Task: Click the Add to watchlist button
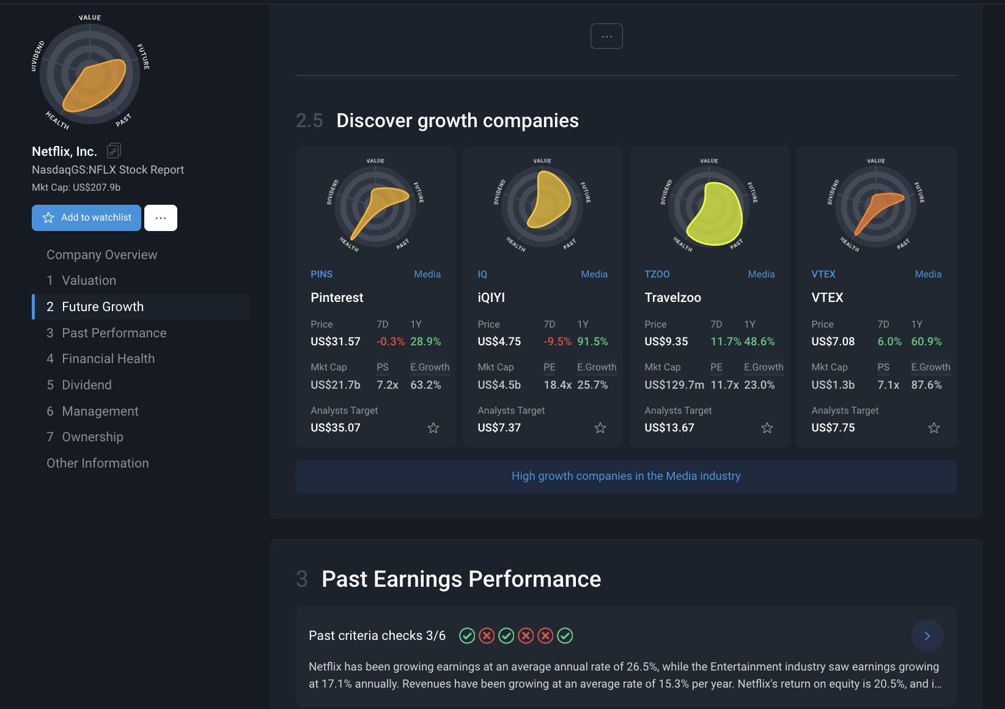(86, 218)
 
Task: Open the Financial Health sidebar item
(108, 359)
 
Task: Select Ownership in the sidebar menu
(92, 437)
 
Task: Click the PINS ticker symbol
(322, 274)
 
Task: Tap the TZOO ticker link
(657, 274)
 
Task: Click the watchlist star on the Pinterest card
(433, 428)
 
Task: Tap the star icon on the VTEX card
(933, 428)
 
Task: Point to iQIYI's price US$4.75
(499, 342)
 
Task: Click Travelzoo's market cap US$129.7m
(674, 385)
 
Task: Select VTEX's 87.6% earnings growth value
(926, 385)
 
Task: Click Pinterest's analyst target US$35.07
(335, 428)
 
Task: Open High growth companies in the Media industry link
(626, 476)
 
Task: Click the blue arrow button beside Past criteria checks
(927, 636)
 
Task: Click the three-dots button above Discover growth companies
(606, 36)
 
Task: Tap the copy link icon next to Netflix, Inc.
(114, 150)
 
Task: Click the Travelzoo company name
(672, 298)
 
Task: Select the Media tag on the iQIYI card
(594, 274)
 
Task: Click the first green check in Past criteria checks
(467, 636)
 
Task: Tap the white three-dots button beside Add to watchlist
(161, 218)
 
